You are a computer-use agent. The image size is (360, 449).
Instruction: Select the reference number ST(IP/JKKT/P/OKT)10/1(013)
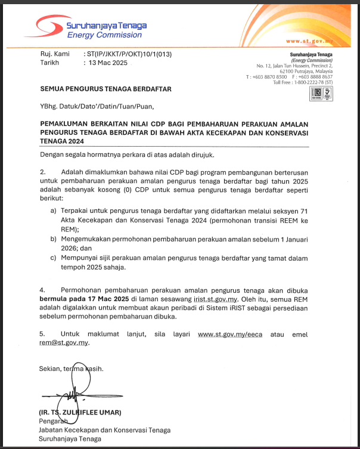129,54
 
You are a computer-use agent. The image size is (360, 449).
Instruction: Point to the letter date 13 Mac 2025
109,62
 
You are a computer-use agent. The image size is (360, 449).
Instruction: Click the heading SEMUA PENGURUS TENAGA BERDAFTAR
105,89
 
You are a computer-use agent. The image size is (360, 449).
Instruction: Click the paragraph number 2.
42,172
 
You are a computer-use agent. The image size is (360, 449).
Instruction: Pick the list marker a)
54,211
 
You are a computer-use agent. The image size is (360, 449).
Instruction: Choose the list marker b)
54,239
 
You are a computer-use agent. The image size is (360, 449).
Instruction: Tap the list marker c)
54,258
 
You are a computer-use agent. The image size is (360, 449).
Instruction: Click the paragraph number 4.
42,289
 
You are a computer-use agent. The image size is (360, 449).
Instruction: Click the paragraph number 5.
42,335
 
